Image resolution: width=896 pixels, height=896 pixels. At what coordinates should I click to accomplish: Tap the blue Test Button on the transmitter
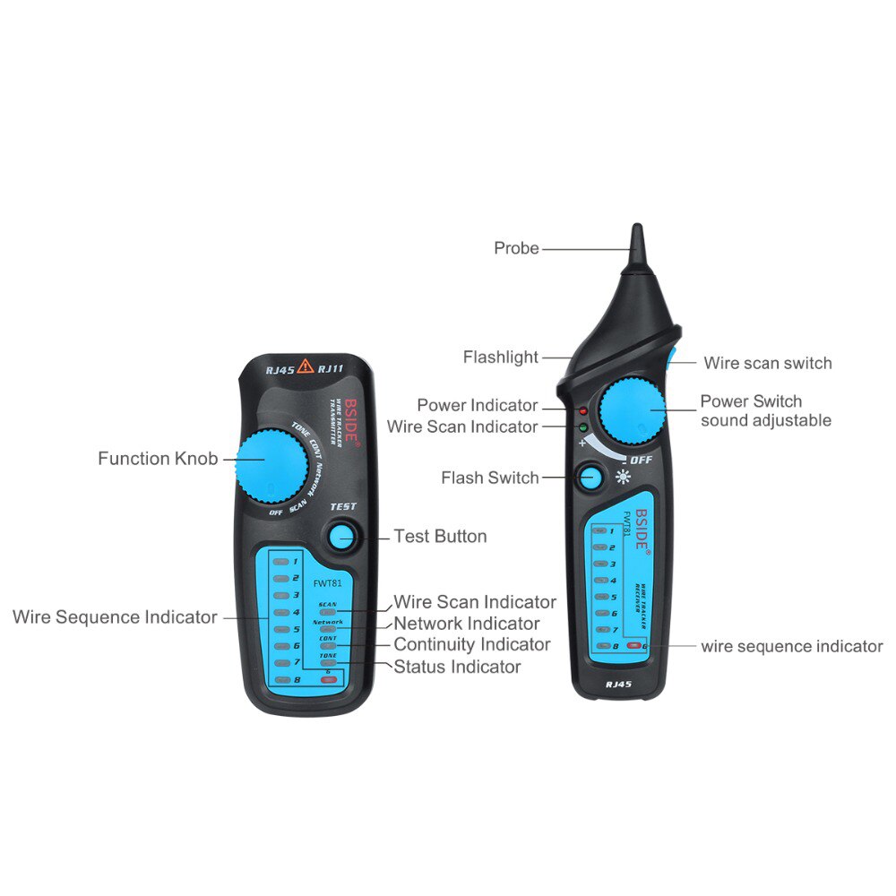click(x=340, y=537)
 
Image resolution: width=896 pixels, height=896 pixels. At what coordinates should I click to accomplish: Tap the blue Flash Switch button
click(x=590, y=478)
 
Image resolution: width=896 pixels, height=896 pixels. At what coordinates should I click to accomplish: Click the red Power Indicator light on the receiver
click(x=582, y=410)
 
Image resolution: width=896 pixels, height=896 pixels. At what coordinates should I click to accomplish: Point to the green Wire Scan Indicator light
click(x=582, y=426)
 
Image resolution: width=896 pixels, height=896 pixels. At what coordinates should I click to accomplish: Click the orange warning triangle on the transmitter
click(x=306, y=365)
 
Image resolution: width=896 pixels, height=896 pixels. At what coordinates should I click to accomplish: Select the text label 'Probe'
click(x=516, y=248)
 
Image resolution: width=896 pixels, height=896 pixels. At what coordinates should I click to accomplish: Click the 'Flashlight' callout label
click(x=500, y=358)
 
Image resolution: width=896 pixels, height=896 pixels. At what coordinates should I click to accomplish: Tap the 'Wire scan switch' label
click(x=767, y=363)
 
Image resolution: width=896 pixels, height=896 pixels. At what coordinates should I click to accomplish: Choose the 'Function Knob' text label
click(x=158, y=459)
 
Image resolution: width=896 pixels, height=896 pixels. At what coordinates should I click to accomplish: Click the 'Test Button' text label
click(x=440, y=537)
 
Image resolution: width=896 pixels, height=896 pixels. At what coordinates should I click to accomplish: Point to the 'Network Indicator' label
click(x=467, y=624)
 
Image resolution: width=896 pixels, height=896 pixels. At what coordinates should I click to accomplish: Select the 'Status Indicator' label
click(x=457, y=667)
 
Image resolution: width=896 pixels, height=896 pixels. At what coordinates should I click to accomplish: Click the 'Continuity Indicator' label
click(x=472, y=645)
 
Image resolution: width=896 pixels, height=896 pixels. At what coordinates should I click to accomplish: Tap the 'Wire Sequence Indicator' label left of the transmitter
click(x=115, y=617)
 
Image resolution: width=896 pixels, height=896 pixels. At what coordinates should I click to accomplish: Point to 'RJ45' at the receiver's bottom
click(x=618, y=684)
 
